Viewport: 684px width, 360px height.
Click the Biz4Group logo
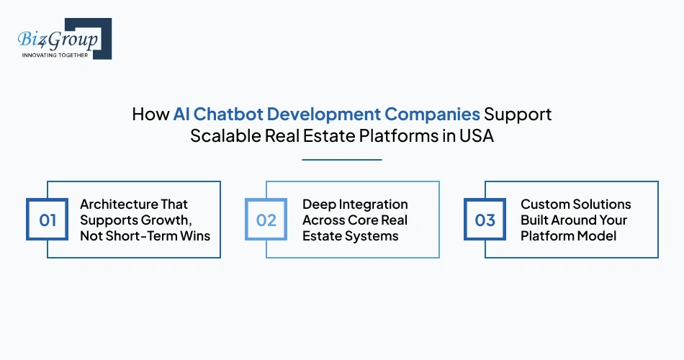63,38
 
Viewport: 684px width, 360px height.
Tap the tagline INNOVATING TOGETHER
55,55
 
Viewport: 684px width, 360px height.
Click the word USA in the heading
477,136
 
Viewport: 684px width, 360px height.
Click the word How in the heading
149,115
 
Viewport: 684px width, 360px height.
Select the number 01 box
48,220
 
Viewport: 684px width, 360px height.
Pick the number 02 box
266,220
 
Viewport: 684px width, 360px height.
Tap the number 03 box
485,220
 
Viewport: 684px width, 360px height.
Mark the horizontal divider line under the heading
342,159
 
